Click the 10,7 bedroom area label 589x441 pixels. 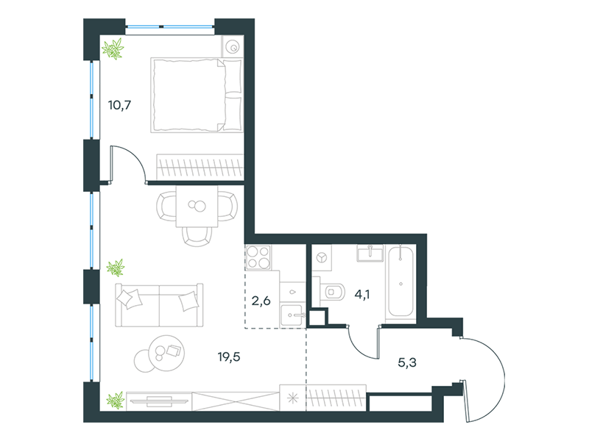pos(119,105)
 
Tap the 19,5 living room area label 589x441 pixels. pos(229,356)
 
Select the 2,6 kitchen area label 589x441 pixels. pos(261,301)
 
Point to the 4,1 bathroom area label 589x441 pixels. pos(362,295)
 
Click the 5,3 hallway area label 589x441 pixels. pos(407,362)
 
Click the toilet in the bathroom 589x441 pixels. pos(332,291)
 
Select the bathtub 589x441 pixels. pos(401,282)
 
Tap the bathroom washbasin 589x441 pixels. pos(370,253)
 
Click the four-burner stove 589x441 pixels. pos(258,258)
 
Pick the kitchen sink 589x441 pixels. pos(293,315)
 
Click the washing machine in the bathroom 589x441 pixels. pos(322,258)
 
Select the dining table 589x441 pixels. pos(197,207)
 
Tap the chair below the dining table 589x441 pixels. pos(197,237)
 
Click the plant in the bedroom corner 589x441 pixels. pos(113,49)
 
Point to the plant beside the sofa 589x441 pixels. pos(116,268)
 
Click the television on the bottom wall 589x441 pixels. pos(159,401)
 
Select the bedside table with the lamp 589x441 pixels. pos(233,46)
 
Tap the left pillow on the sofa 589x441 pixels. pos(130,299)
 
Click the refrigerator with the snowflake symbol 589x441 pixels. pos(292,398)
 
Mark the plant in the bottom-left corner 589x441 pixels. pos(116,400)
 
